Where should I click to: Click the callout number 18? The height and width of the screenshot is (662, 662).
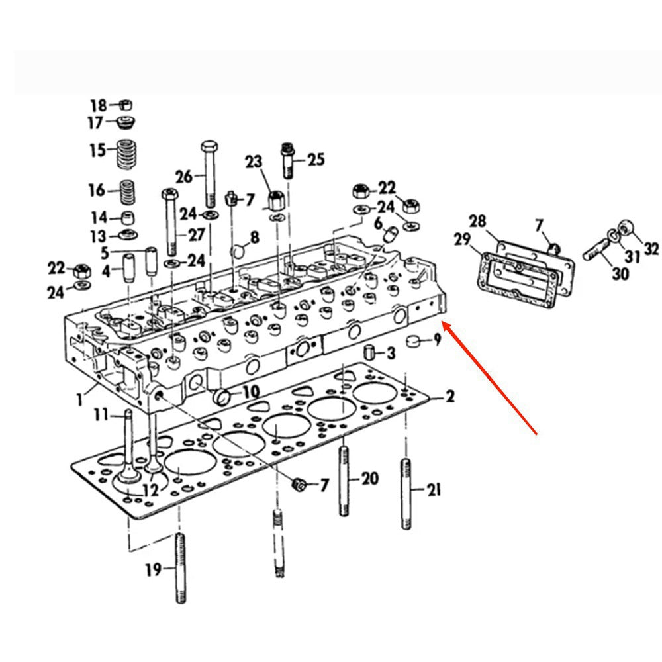coord(98,105)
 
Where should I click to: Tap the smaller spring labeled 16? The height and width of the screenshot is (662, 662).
coord(127,193)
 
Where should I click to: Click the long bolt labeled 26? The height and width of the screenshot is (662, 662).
coord(209,174)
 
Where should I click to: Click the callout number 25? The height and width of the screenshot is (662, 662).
coord(316,159)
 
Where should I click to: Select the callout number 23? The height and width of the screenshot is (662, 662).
coord(254,161)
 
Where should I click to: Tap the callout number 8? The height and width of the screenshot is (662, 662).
coord(254,238)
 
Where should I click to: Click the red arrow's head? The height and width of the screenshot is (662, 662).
coord(444,324)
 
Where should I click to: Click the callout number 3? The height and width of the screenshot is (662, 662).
coord(391,354)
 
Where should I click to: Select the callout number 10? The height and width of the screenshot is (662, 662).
coord(250,392)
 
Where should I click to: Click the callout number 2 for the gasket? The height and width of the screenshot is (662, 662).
coord(450,397)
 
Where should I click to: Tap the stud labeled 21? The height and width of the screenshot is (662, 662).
coord(405,493)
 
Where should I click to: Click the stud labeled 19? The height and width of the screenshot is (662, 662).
coord(179,568)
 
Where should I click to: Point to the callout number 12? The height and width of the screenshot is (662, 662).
coord(150,491)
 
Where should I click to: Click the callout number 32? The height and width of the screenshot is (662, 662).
coord(651,249)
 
